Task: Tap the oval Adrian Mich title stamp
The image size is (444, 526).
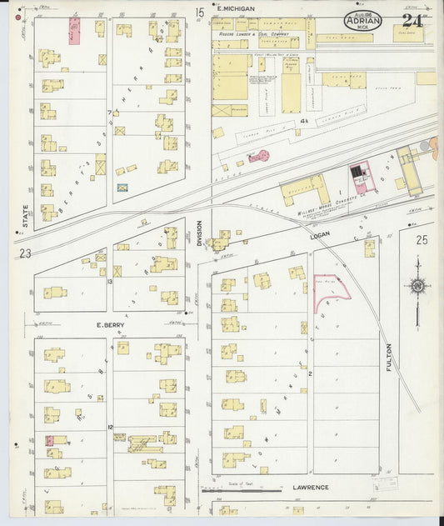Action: [x=362, y=22]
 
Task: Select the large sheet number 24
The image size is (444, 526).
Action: [x=412, y=20]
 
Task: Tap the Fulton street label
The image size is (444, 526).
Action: [x=389, y=345]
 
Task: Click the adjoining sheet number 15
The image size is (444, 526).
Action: [x=199, y=13]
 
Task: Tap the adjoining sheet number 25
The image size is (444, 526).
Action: [x=421, y=241]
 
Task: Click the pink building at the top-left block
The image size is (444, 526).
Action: [x=74, y=31]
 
